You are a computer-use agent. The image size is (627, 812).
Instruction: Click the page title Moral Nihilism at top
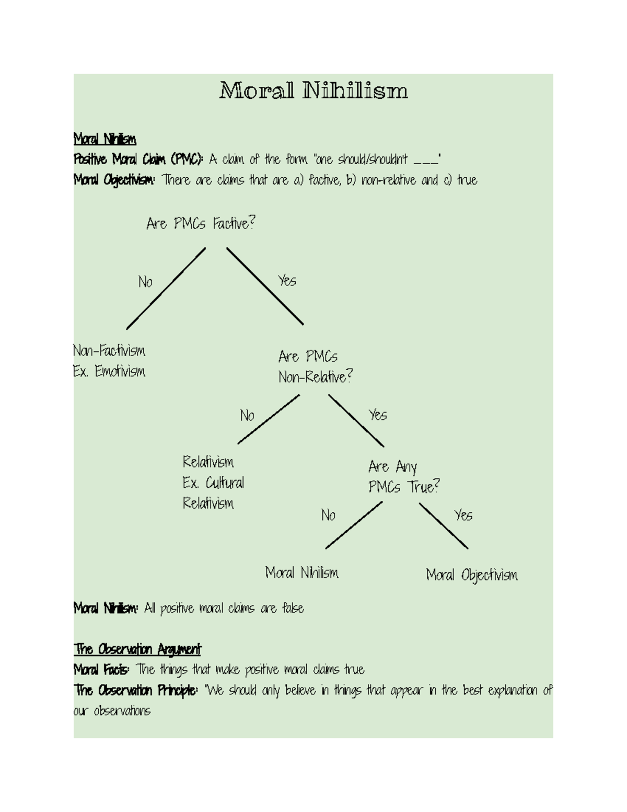coord(313,91)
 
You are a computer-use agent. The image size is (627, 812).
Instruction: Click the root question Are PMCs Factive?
coord(201,224)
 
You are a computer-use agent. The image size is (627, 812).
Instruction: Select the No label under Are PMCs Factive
coord(145,282)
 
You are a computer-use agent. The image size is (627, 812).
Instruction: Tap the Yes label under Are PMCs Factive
coord(287,281)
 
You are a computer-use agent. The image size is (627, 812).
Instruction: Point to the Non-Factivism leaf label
coord(109,350)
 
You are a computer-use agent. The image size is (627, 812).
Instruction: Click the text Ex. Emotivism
coord(109,372)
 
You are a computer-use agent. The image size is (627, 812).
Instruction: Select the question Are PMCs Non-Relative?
coord(315,367)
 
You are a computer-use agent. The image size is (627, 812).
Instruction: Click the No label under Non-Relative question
coord(247,416)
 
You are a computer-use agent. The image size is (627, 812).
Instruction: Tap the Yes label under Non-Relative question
coord(378,415)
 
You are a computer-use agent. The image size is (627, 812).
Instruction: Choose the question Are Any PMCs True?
coord(403,477)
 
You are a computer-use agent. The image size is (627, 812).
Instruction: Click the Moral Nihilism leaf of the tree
coord(301,573)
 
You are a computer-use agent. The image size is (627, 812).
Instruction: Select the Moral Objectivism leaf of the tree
coord(472,575)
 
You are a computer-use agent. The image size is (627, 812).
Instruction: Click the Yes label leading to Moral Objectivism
coord(463,516)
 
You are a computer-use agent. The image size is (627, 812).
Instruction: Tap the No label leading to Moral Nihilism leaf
coord(328,516)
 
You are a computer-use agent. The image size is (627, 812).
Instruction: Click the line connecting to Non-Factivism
coord(166,289)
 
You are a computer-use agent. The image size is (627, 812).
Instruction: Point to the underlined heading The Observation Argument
coord(137,649)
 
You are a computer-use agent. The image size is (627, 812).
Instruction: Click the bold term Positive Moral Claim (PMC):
coord(138,159)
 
